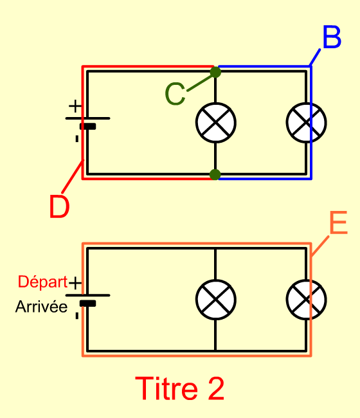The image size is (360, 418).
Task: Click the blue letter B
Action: pos(332,37)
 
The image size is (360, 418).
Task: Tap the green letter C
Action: pos(175,94)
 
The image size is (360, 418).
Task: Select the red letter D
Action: pos(59,206)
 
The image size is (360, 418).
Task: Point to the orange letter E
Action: pos(339,223)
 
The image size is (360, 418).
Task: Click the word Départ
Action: pos(42,282)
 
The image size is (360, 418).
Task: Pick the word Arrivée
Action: pos(41,307)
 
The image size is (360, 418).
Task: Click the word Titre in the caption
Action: pos(166,388)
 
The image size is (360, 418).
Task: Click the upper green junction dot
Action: pos(215,72)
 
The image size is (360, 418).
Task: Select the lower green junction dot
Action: pos(215,175)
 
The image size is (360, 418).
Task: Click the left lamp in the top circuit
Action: pos(216,123)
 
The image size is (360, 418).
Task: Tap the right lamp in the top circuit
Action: pos(307,123)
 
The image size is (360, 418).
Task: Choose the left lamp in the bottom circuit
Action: pos(216,300)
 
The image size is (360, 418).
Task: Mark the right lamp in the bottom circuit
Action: pos(307,300)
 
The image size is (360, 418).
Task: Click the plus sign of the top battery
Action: pos(75,106)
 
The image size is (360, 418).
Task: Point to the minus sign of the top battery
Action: pos(77,139)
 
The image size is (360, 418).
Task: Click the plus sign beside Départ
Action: pos(75,283)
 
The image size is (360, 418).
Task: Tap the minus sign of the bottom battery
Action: pos(77,316)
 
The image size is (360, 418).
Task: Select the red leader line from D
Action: pos(73,176)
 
